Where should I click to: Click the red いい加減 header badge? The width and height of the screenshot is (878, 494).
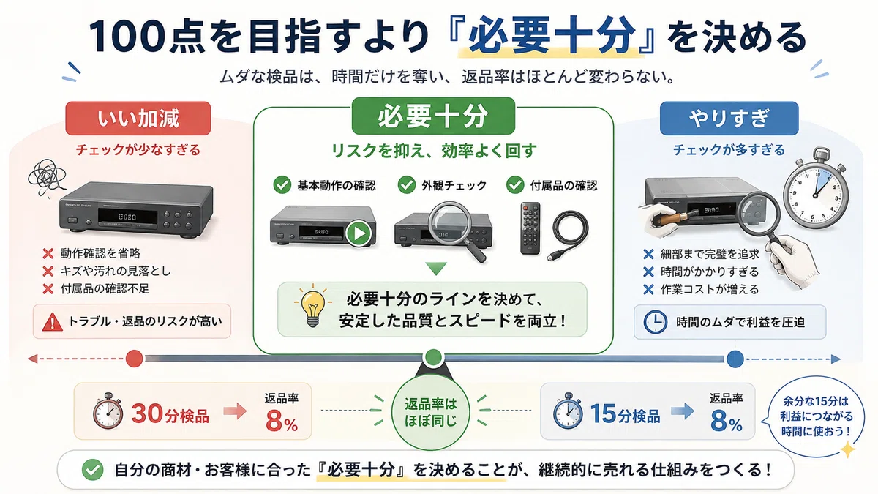point(138,119)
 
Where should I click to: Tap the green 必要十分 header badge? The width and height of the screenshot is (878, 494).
point(433,116)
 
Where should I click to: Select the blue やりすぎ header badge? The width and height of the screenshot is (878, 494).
point(729,119)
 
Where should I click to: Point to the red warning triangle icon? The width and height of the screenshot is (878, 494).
point(52,322)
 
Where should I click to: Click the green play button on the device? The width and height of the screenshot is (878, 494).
point(359,233)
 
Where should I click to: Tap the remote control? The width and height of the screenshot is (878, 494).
point(530,228)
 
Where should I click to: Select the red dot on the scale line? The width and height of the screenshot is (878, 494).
point(134,359)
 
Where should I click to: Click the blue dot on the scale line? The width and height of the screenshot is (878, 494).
point(735,359)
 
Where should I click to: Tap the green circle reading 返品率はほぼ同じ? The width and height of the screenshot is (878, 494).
point(430,411)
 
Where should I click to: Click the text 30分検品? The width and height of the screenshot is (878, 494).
point(170,413)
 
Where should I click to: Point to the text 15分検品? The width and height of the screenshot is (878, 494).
point(625,413)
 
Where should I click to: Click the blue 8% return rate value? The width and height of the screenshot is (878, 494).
point(726,421)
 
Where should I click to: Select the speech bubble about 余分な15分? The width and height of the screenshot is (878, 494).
point(815,416)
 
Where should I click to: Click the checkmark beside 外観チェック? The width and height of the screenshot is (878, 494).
point(407,184)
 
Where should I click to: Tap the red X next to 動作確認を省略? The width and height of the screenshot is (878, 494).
point(48,254)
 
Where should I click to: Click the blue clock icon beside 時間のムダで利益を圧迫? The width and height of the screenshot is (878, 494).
point(656,322)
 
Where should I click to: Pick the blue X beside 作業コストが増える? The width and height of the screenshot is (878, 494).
point(648,289)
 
